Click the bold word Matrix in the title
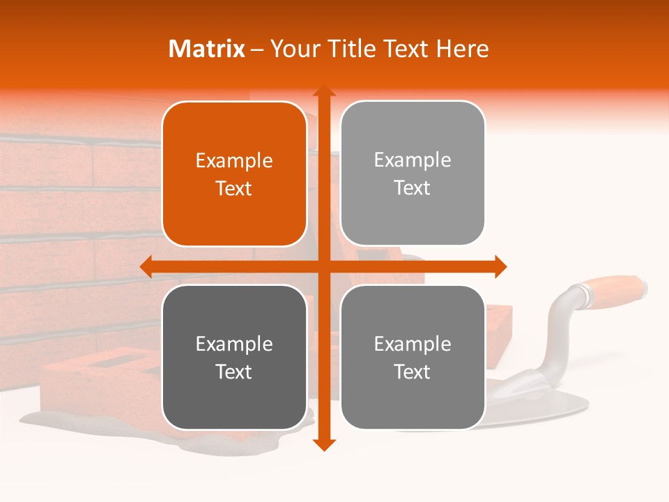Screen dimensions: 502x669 [x=207, y=49]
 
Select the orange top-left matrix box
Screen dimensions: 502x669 [x=234, y=174]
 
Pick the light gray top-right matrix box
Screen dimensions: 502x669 [x=413, y=174]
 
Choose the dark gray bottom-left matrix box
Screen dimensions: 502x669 [x=234, y=358]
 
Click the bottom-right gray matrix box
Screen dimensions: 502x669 [x=413, y=358]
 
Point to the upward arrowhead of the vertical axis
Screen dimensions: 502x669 [x=323, y=91]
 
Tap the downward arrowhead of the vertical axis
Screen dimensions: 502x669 [x=323, y=445]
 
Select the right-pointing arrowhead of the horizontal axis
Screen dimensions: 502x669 [x=500, y=266]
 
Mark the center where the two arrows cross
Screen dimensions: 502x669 [x=323, y=266]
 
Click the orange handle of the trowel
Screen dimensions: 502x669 [x=613, y=289]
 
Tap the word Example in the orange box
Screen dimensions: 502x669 [x=234, y=161]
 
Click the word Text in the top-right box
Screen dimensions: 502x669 [x=413, y=188]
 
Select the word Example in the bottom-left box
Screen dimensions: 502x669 [x=234, y=344]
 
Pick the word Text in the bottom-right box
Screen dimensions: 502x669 [x=413, y=372]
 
